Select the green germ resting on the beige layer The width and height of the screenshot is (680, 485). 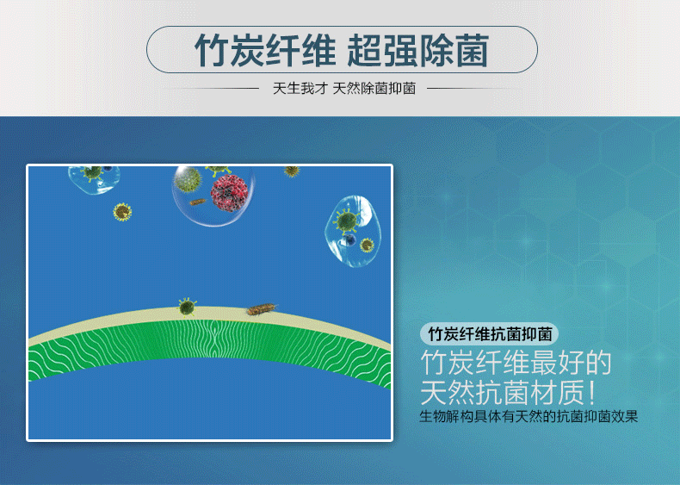[187, 306]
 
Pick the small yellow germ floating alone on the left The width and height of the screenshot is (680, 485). [123, 211]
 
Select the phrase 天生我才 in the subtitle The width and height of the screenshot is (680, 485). [300, 88]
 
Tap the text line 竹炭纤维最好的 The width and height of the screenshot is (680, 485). [516, 363]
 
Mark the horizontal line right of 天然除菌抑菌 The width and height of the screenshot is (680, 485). [465, 88]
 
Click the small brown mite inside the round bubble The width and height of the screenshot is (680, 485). [198, 202]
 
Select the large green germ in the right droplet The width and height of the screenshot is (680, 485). [346, 221]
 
